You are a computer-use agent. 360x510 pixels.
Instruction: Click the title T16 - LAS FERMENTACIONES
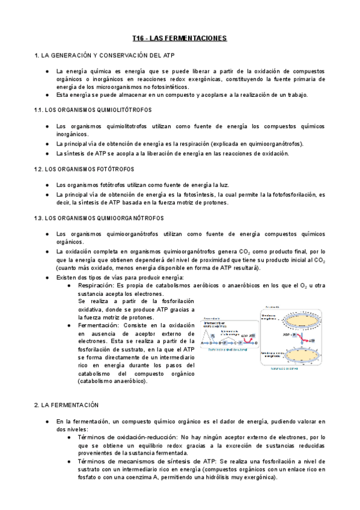(x=179, y=38)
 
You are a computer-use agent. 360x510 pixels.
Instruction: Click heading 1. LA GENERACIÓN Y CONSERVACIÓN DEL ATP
(x=97, y=55)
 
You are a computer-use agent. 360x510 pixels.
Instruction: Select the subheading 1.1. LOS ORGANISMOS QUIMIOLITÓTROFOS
(x=94, y=111)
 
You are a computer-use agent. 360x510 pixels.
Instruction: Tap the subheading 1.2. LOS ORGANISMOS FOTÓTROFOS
(x=84, y=170)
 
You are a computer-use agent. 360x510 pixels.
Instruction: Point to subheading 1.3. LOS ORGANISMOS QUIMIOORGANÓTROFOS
(x=96, y=217)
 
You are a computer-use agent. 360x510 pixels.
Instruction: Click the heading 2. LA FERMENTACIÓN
(x=66, y=405)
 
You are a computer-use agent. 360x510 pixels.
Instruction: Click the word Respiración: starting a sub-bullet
(x=96, y=285)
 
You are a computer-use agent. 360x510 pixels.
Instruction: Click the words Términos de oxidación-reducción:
(x=127, y=437)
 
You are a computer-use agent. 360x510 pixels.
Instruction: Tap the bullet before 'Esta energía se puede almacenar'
(x=47, y=95)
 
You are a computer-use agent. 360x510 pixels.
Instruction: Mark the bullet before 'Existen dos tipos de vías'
(x=47, y=277)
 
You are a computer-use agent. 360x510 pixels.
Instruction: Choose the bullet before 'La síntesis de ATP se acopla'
(x=47, y=153)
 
